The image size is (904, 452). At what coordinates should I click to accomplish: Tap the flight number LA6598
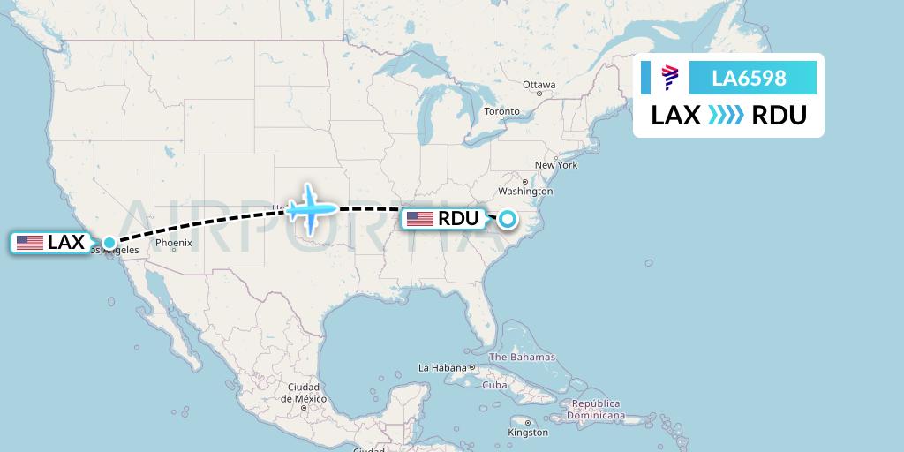click(749, 79)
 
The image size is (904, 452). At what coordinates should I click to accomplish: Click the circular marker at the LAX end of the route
click(109, 242)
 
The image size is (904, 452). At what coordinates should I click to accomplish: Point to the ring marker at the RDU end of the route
click(508, 218)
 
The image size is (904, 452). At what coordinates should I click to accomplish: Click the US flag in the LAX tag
click(30, 243)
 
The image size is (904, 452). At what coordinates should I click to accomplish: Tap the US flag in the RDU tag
click(419, 219)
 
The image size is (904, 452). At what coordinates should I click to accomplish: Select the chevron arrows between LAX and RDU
click(726, 116)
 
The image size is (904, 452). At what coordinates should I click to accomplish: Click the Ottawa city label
click(539, 85)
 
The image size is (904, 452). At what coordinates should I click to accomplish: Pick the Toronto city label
click(502, 111)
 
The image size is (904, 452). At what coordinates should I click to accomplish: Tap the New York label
click(555, 165)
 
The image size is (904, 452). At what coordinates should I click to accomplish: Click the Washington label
click(524, 191)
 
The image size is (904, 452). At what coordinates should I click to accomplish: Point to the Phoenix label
click(173, 243)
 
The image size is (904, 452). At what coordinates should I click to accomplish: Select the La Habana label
click(441, 367)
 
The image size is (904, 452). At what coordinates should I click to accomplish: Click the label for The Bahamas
click(522, 358)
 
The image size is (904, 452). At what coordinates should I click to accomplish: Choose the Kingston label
click(526, 433)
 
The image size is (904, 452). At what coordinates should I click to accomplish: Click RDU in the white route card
click(779, 116)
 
